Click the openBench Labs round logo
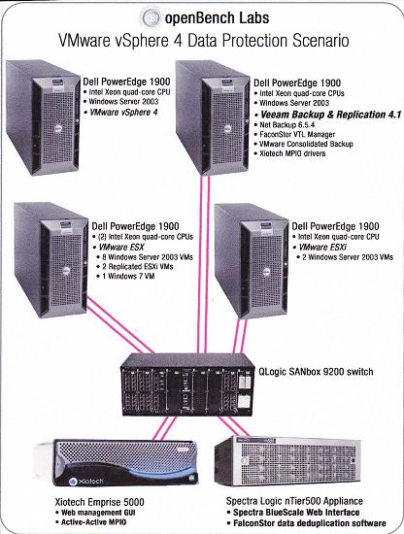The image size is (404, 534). (x=151, y=17)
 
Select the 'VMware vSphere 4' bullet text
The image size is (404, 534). (x=123, y=113)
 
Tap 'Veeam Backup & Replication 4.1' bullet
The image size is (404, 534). (x=331, y=115)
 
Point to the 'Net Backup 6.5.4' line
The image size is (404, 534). (x=286, y=124)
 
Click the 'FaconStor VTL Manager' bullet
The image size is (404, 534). (x=297, y=134)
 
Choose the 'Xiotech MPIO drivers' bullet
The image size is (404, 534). (x=292, y=153)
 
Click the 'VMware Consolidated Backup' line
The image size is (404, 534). (x=306, y=144)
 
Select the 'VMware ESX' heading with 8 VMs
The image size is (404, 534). (x=121, y=247)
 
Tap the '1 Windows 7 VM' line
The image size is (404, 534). (x=128, y=276)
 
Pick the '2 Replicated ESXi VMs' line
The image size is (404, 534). (x=138, y=266)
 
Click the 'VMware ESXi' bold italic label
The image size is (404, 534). (x=322, y=247)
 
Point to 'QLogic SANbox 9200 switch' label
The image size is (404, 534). (x=316, y=372)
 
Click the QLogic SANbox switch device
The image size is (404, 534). (x=187, y=384)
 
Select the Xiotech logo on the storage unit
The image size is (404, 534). (x=85, y=482)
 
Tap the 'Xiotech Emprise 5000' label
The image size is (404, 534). (x=99, y=502)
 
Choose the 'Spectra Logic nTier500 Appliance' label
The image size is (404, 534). (x=294, y=501)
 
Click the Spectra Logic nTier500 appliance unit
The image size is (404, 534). (x=287, y=460)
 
